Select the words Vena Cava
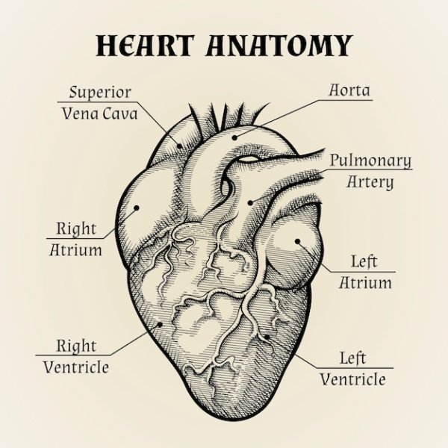point(100,114)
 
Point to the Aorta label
point(350,90)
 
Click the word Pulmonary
point(370,160)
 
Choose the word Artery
point(370,181)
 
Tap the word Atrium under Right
point(76,249)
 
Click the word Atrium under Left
point(366,283)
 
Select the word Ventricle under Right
point(76,367)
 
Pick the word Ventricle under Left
point(353,379)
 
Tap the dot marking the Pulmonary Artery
point(250,201)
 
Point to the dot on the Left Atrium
point(297,241)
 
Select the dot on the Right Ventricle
point(160,324)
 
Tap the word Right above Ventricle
point(76,346)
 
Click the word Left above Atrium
point(364,261)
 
